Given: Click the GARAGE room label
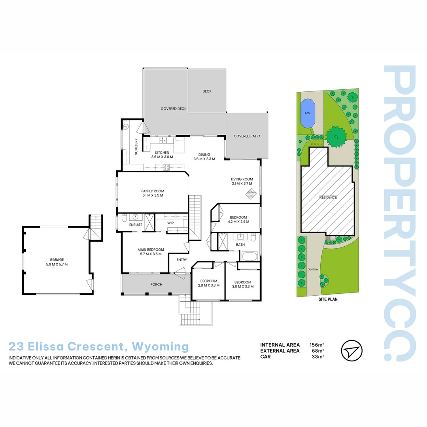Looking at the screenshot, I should point(57,260).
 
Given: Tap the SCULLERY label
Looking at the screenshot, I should point(136,146).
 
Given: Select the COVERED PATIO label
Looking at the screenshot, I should point(247,136).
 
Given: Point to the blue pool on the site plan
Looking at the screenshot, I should point(307,113).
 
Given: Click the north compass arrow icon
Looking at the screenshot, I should point(351,350).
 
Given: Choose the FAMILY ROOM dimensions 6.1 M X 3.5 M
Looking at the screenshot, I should point(153,195).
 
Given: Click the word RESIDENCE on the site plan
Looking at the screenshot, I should point(328,197).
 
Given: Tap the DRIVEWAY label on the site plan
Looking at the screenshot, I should point(313,270).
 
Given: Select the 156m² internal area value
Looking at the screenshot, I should point(317,345).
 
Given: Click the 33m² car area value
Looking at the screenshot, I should point(318,357).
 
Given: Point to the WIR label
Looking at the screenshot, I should point(170,223).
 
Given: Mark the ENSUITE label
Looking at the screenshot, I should point(136,225).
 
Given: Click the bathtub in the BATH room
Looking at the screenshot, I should point(249,256).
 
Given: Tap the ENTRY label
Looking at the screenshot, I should point(181,260).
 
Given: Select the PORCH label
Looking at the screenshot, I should point(156,285).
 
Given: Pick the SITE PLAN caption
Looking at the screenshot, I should point(328,300).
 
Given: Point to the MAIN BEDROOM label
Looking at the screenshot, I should point(151,249).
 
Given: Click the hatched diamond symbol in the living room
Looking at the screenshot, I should point(251,193).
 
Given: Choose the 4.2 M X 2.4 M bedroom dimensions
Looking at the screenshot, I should point(238,222).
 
